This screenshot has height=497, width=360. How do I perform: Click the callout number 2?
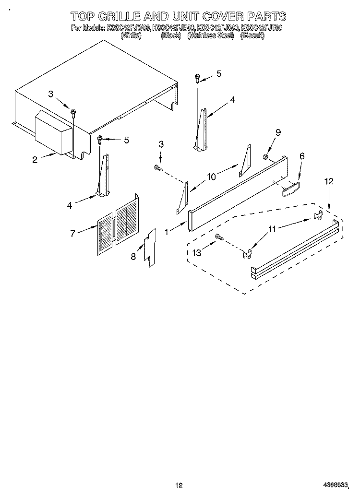click(x=35, y=160)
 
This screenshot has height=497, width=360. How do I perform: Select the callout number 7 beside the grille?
click(x=72, y=233)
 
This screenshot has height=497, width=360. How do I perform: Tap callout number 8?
click(x=133, y=257)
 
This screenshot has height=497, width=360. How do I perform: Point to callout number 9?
click(x=278, y=132)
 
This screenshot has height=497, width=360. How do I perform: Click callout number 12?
click(x=328, y=181)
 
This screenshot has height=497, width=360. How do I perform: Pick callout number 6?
click(x=302, y=156)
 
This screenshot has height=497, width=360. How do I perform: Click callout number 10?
click(x=211, y=177)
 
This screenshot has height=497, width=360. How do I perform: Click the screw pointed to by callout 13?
click(x=219, y=236)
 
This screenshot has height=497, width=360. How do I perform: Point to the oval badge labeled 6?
click(x=291, y=188)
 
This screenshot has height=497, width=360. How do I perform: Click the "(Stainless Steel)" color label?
click(x=210, y=35)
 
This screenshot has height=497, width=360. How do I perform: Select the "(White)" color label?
click(x=131, y=35)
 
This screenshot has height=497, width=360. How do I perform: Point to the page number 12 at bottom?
click(x=180, y=486)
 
